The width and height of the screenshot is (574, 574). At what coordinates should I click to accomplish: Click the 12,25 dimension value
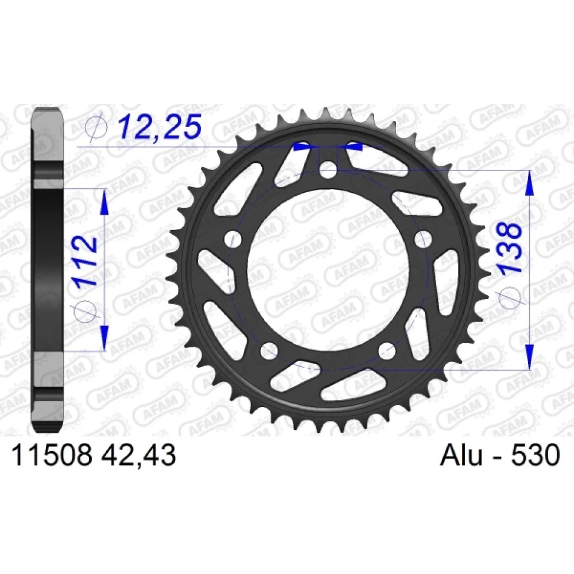click(x=160, y=126)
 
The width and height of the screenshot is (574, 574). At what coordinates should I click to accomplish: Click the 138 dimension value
click(x=510, y=247)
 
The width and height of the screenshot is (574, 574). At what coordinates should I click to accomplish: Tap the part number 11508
click(x=52, y=455)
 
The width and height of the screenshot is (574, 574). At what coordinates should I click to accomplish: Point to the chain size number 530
click(x=540, y=455)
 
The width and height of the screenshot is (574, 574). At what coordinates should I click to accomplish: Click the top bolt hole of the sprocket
click(x=328, y=170)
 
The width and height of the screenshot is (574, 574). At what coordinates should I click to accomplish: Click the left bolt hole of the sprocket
click(x=233, y=239)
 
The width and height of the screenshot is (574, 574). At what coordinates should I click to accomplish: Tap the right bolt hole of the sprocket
click(x=423, y=239)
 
